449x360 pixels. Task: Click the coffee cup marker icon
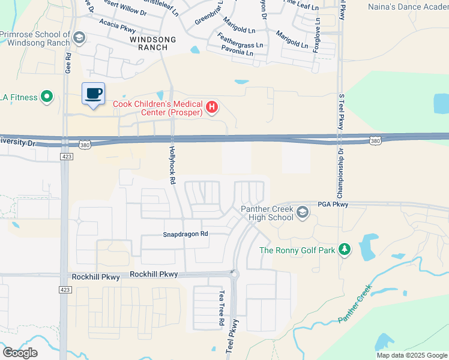(x=93, y=94)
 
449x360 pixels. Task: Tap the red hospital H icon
(x=211, y=108)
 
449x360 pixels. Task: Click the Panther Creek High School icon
(x=303, y=212)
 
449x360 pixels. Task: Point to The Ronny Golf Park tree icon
(x=344, y=250)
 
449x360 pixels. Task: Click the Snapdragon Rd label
(x=185, y=233)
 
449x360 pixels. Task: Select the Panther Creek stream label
(x=355, y=304)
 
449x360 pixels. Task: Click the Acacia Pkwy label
(x=103, y=25)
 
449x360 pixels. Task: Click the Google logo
(x=20, y=353)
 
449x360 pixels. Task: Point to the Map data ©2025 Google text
(x=412, y=355)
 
